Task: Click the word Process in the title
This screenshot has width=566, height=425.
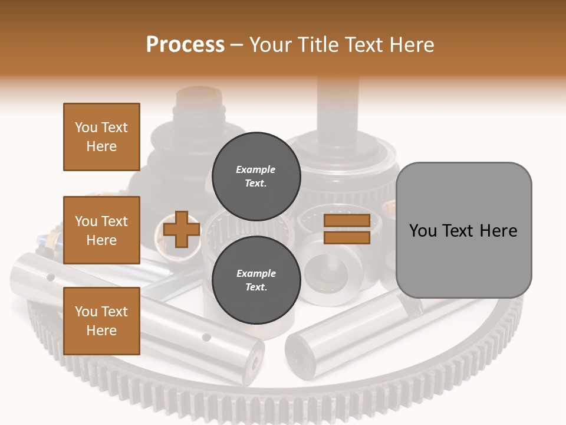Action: pos(185,45)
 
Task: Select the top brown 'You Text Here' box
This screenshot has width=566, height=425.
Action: pos(101,137)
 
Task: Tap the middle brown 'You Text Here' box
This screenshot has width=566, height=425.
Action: pos(101,230)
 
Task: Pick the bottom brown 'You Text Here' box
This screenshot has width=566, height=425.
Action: pos(101,321)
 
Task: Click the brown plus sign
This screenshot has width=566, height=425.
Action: pos(182,229)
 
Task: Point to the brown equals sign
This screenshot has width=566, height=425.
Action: pos(347,229)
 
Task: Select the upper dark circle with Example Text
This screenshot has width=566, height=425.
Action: pos(256,176)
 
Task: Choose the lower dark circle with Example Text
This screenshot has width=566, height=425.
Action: pos(256,280)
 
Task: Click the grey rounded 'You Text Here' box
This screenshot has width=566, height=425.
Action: pos(463,230)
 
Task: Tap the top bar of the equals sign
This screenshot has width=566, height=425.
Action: pos(347,221)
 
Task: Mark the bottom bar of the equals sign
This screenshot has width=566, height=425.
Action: pos(347,237)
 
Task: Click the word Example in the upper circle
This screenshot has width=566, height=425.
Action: pos(255,169)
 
